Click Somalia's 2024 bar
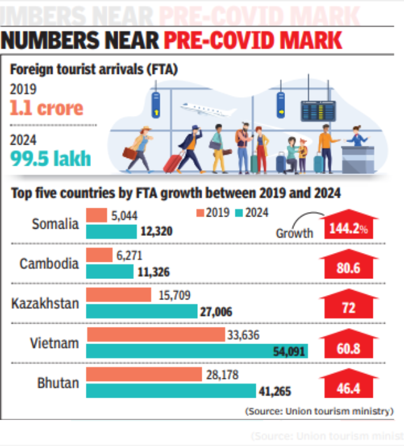click(x=111, y=232)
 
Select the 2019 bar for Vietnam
click(x=155, y=335)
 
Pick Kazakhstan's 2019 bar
click(x=118, y=295)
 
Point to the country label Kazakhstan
click(x=45, y=304)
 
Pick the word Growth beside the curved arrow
click(x=294, y=233)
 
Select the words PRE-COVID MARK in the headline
click(x=253, y=41)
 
